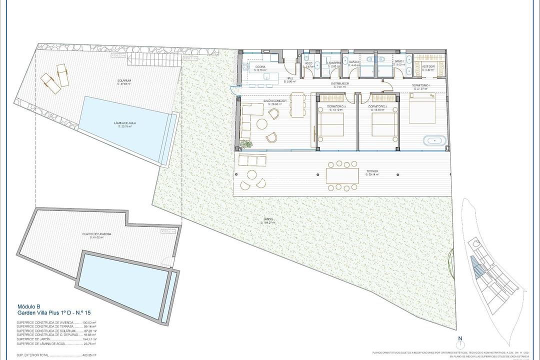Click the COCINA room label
(x=260, y=66)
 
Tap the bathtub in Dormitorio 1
(x=434, y=140)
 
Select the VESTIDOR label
(x=428, y=66)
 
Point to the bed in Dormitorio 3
(x=331, y=124)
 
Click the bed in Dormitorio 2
(x=384, y=124)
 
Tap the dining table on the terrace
(x=342, y=175)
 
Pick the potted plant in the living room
(x=245, y=144)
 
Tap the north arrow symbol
(x=459, y=343)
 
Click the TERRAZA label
(x=372, y=171)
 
